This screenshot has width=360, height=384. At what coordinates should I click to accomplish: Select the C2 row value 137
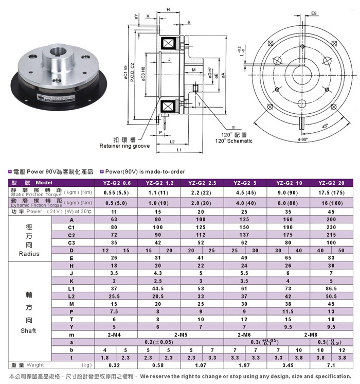(x=244, y=234)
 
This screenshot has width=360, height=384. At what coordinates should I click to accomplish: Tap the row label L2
(x=71, y=296)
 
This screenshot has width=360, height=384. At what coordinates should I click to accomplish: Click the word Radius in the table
(x=29, y=253)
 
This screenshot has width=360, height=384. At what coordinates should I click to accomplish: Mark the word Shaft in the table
(x=29, y=330)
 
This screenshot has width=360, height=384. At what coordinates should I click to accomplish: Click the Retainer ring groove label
(x=124, y=146)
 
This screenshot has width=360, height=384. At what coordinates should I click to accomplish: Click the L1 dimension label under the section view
(x=180, y=150)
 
